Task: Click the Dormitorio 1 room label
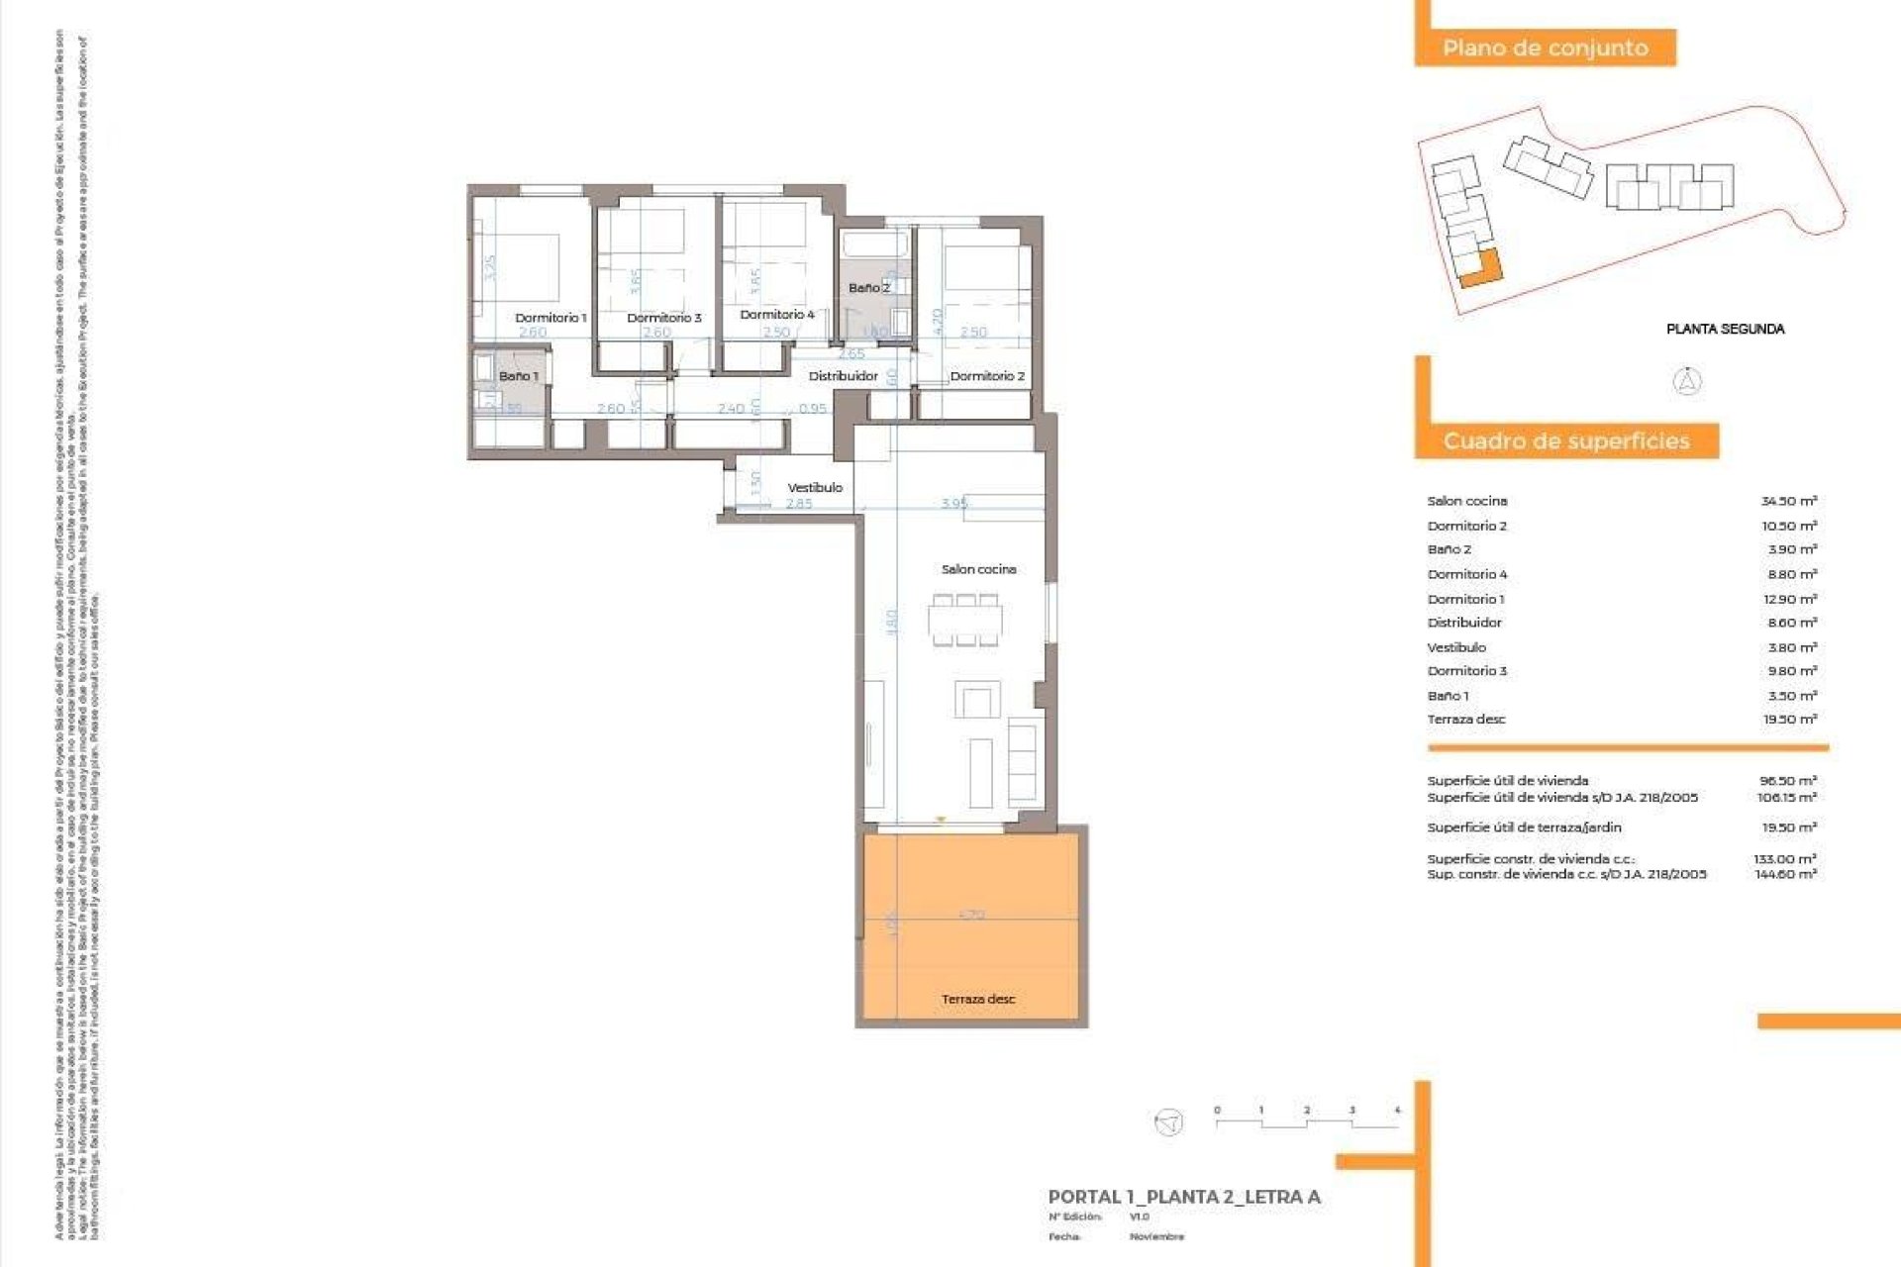tap(550, 318)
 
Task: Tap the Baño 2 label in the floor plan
tap(868, 288)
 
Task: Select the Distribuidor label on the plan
tap(843, 376)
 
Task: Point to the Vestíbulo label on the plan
tap(815, 487)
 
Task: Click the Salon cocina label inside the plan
tap(978, 569)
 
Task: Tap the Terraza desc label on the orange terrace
tap(978, 999)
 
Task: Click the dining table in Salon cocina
tap(965, 622)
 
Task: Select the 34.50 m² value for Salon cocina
tap(1788, 501)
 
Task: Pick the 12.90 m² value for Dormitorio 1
tap(1789, 599)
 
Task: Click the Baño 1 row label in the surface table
tap(1449, 696)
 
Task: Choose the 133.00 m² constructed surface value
tap(1785, 859)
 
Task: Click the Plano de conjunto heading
tap(1545, 48)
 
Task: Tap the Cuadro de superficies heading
tap(1566, 441)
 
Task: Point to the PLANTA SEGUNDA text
tap(1725, 329)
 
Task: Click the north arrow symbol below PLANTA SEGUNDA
tap(1687, 381)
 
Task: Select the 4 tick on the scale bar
tap(1397, 1111)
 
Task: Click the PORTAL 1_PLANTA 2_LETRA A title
tap(1184, 1197)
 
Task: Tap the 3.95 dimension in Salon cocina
tap(954, 504)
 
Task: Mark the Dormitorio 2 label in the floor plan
tap(987, 376)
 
